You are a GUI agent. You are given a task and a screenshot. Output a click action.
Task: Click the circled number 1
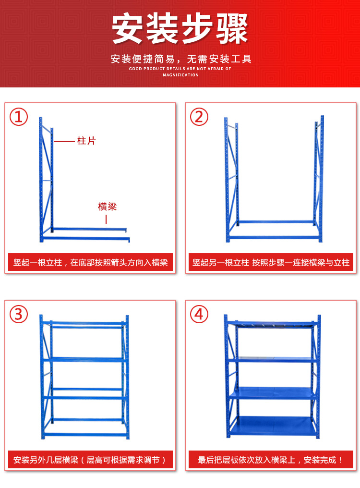tap(19, 117)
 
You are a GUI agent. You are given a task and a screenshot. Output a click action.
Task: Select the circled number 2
tap(199, 117)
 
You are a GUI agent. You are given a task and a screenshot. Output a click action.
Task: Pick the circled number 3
tap(19, 315)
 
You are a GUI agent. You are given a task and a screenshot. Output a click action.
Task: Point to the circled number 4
tap(199, 315)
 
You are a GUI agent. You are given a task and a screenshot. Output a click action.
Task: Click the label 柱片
tap(86, 141)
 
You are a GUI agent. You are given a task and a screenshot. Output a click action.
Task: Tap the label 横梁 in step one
tap(107, 207)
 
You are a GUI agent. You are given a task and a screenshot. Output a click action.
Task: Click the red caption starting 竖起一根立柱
tap(90, 263)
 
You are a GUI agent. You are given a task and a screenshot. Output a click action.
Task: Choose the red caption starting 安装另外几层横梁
tap(90, 460)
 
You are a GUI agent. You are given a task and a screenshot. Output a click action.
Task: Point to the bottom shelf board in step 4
tap(273, 425)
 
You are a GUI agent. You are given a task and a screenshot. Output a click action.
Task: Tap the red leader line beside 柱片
tap(64, 141)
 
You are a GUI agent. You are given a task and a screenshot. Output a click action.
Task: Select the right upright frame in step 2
tap(319, 178)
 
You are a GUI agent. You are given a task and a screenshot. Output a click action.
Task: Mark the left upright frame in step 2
tap(231, 178)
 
